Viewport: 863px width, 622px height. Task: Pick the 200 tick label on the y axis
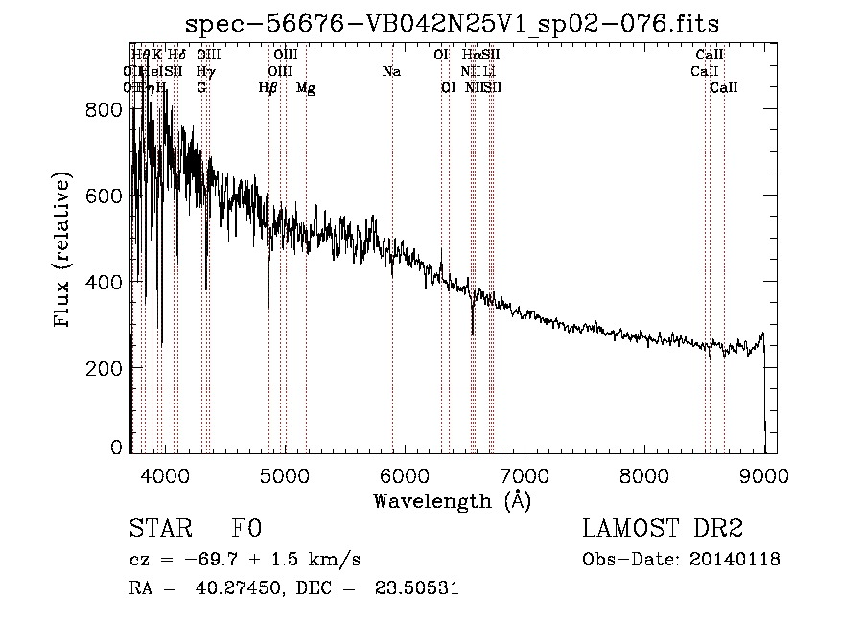(x=105, y=369)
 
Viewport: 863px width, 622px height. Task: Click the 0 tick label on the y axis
(x=115, y=447)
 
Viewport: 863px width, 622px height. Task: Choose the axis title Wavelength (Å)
(x=452, y=500)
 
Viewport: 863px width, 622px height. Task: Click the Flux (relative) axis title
(x=63, y=250)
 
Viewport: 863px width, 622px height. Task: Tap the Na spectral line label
(x=391, y=72)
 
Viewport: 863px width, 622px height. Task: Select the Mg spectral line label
(x=306, y=88)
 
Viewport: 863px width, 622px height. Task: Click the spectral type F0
(x=246, y=530)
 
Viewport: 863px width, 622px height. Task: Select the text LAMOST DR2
(x=663, y=530)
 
